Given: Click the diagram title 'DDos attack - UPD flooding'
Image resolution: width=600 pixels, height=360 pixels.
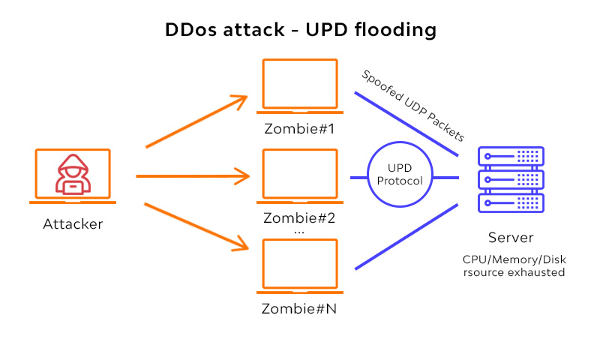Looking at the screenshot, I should [x=300, y=31].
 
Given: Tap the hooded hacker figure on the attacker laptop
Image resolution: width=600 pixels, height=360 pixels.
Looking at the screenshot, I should [x=73, y=175].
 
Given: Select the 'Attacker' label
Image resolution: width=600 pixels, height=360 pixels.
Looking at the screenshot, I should [x=73, y=223].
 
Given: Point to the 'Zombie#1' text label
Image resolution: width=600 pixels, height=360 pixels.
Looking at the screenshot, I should [x=300, y=128].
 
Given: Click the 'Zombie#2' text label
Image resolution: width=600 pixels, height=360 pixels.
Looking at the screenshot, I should [x=300, y=218].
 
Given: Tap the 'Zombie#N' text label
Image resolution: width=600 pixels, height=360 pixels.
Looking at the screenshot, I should [x=300, y=308].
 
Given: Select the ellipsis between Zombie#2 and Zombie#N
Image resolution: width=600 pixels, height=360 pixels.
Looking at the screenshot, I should [x=299, y=232].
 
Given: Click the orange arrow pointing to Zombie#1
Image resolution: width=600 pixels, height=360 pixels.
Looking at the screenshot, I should [x=196, y=121].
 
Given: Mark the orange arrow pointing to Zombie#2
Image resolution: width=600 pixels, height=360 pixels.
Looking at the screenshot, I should [x=193, y=177].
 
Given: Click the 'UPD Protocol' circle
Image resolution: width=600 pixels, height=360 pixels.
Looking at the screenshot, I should [x=400, y=175].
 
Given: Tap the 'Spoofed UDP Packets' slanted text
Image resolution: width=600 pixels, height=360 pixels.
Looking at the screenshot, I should [x=413, y=106].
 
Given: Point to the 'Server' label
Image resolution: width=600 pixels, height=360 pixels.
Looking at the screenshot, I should [x=511, y=238].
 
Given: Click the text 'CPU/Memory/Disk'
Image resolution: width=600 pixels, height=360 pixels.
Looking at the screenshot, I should [x=514, y=259].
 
